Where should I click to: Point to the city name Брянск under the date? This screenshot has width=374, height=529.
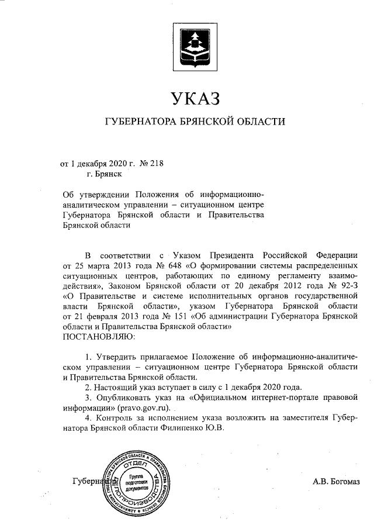point(104,174)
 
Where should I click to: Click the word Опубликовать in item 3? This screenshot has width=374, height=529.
point(123,397)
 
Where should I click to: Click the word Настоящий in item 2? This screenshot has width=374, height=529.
point(117,387)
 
